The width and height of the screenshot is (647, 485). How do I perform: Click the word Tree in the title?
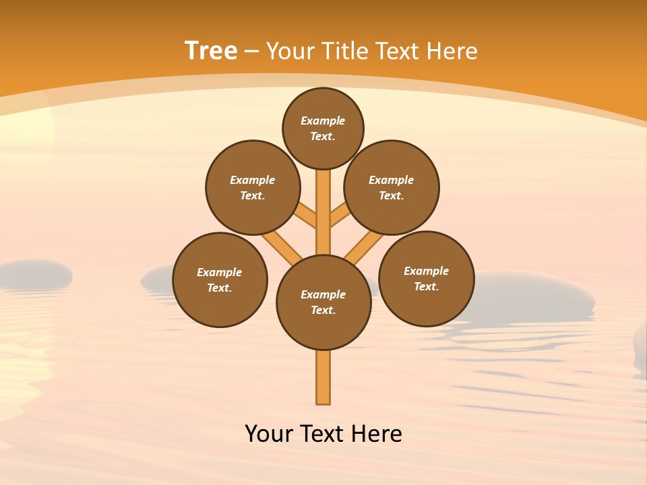pyautogui.click(x=211, y=51)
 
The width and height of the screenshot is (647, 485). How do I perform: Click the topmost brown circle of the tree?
pyautogui.click(x=323, y=128)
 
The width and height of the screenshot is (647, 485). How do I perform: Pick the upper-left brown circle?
pyautogui.click(x=253, y=187)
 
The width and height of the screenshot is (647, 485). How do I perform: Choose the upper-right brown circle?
pyautogui.click(x=392, y=187)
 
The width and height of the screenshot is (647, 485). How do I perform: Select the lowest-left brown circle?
pyautogui.click(x=220, y=280)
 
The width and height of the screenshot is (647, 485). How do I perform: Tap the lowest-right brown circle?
pyautogui.click(x=427, y=278)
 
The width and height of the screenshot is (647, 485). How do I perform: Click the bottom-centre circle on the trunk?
pyautogui.click(x=323, y=302)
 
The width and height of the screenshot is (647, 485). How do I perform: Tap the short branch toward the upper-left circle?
pyautogui.click(x=305, y=215)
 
